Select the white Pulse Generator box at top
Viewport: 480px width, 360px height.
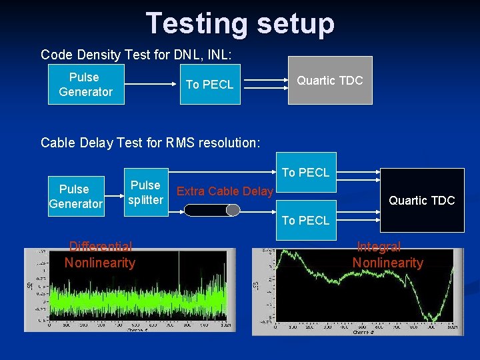coord(85,85)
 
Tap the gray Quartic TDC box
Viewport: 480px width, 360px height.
coord(329,81)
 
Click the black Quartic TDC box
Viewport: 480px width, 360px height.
coord(421,200)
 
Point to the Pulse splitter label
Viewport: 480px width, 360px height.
coord(145,193)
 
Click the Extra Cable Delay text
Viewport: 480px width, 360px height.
coord(225,192)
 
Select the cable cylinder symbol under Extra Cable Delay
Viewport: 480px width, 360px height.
coord(211,211)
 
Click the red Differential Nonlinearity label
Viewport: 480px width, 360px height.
coord(99,255)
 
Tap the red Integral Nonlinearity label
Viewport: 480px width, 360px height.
coord(387,255)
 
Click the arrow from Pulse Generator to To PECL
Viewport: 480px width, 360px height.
coord(152,85)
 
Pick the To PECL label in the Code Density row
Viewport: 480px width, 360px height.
coord(209,85)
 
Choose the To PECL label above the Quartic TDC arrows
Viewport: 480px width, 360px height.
coord(305,173)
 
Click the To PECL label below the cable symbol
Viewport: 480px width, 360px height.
coord(305,221)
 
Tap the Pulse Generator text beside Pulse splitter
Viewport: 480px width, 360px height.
coord(75,197)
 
